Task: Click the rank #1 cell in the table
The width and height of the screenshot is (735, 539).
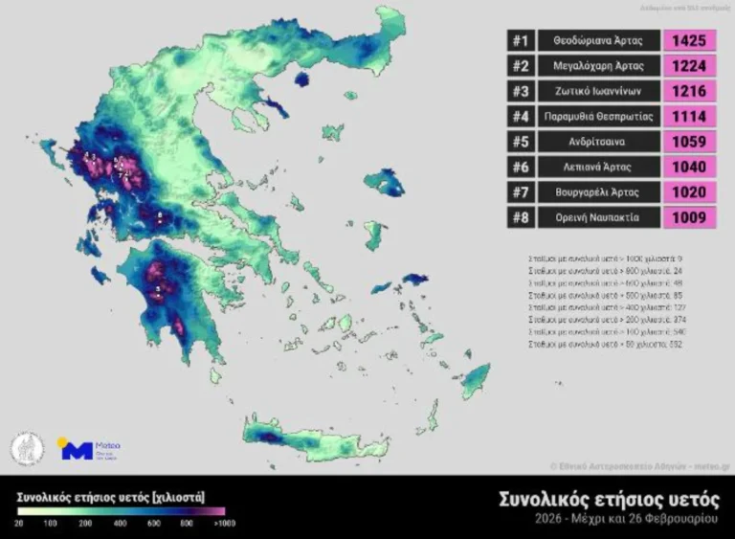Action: (x=521, y=40)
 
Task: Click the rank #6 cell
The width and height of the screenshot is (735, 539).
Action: (x=521, y=168)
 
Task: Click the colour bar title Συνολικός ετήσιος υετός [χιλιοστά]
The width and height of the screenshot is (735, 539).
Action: (x=111, y=498)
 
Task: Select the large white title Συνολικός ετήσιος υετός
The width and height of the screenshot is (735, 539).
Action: (x=609, y=499)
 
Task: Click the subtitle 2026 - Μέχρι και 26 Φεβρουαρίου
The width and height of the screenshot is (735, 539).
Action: (x=632, y=520)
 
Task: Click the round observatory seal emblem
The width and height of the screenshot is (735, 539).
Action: (x=27, y=448)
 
